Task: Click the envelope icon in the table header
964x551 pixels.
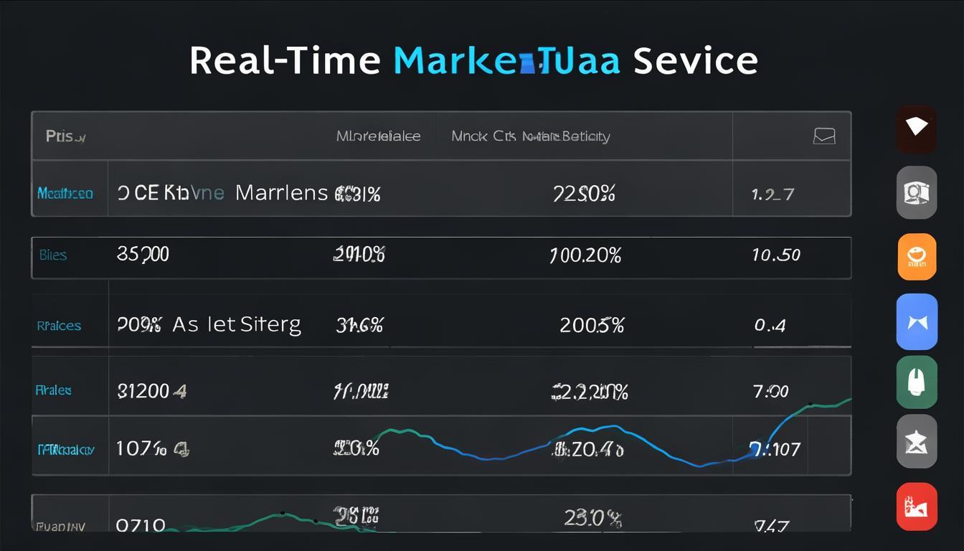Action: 824,136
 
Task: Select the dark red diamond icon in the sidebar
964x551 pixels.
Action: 916,128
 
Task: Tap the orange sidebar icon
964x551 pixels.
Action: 917,256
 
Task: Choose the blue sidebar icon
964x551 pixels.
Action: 917,321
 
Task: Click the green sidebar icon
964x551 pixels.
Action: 917,382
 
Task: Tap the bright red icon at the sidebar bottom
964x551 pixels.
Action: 917,507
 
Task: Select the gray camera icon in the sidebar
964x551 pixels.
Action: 917,192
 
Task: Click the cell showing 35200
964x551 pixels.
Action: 143,255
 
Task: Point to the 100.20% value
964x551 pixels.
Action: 585,255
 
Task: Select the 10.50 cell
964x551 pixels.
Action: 777,255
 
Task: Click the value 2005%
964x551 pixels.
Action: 592,325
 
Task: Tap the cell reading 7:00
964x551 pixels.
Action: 771,391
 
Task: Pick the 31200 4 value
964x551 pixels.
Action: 151,391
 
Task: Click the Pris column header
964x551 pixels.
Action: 65,136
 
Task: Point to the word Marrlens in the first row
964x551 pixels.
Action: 282,193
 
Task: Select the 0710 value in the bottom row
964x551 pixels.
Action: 141,525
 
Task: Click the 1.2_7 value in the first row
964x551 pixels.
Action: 772,194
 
